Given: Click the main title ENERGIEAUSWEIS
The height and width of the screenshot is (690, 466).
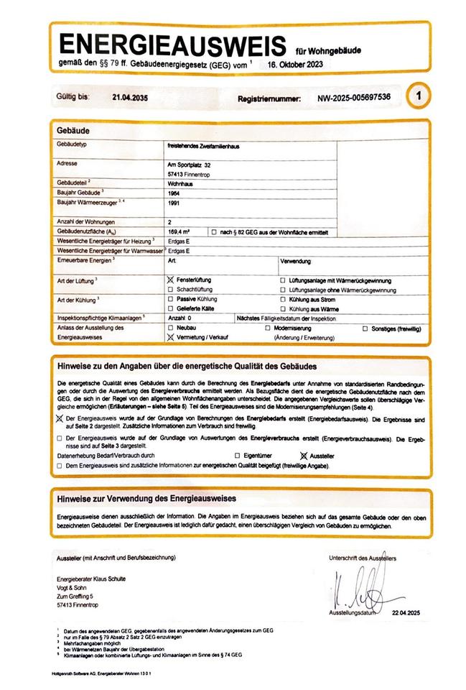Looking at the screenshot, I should (173, 45).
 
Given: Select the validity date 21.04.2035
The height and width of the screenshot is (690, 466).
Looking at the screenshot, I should (130, 96).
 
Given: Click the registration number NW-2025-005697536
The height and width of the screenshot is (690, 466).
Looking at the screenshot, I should (354, 96).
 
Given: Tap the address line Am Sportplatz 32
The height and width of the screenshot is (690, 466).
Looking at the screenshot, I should (189, 165).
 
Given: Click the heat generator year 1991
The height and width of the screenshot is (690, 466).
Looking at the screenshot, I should (173, 203).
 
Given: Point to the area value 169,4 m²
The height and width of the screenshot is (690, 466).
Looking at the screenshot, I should (179, 232).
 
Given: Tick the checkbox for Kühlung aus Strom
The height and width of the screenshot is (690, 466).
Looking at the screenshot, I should (283, 298).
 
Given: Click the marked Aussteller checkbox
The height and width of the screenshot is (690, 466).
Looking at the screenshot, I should (304, 456).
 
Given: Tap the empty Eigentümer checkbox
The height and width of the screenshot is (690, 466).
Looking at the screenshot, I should (238, 456).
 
